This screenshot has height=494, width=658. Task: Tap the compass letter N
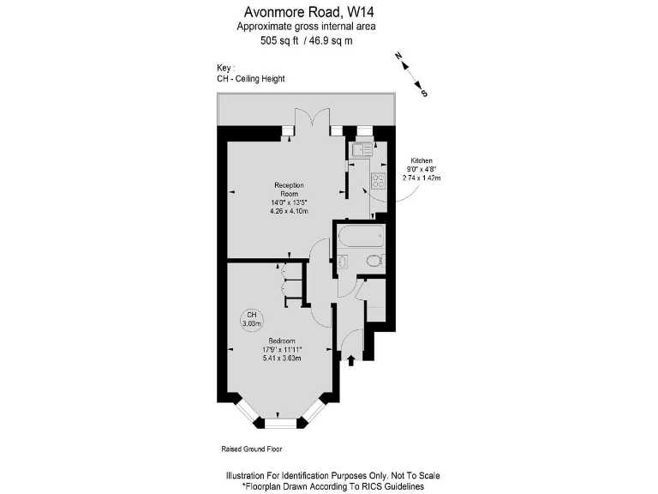tap(398, 56)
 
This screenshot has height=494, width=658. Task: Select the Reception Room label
tap(289, 190)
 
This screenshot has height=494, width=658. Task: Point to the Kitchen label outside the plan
tap(422, 161)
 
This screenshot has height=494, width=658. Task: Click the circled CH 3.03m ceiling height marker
tap(251, 319)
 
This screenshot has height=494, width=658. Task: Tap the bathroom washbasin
tap(343, 261)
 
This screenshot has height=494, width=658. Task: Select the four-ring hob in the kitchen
tap(377, 181)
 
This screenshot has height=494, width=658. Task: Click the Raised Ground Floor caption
tap(251, 449)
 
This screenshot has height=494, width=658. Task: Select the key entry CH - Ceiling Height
tap(251, 79)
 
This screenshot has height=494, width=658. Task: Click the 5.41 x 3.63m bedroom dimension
tap(278, 358)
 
